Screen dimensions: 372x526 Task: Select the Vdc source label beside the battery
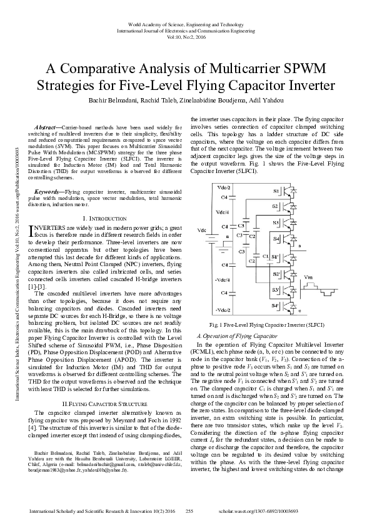(x=201, y=231)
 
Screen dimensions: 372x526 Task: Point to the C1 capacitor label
(x=266, y=256)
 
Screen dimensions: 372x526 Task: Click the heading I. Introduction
(x=103, y=218)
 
